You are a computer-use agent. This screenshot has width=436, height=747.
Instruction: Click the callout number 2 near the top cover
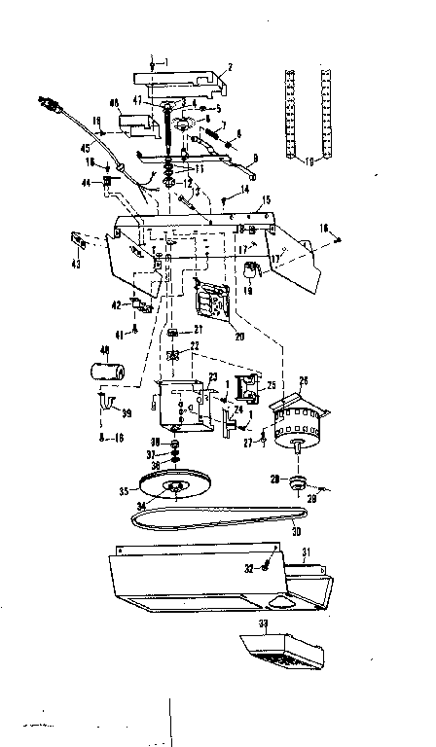point(230,67)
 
